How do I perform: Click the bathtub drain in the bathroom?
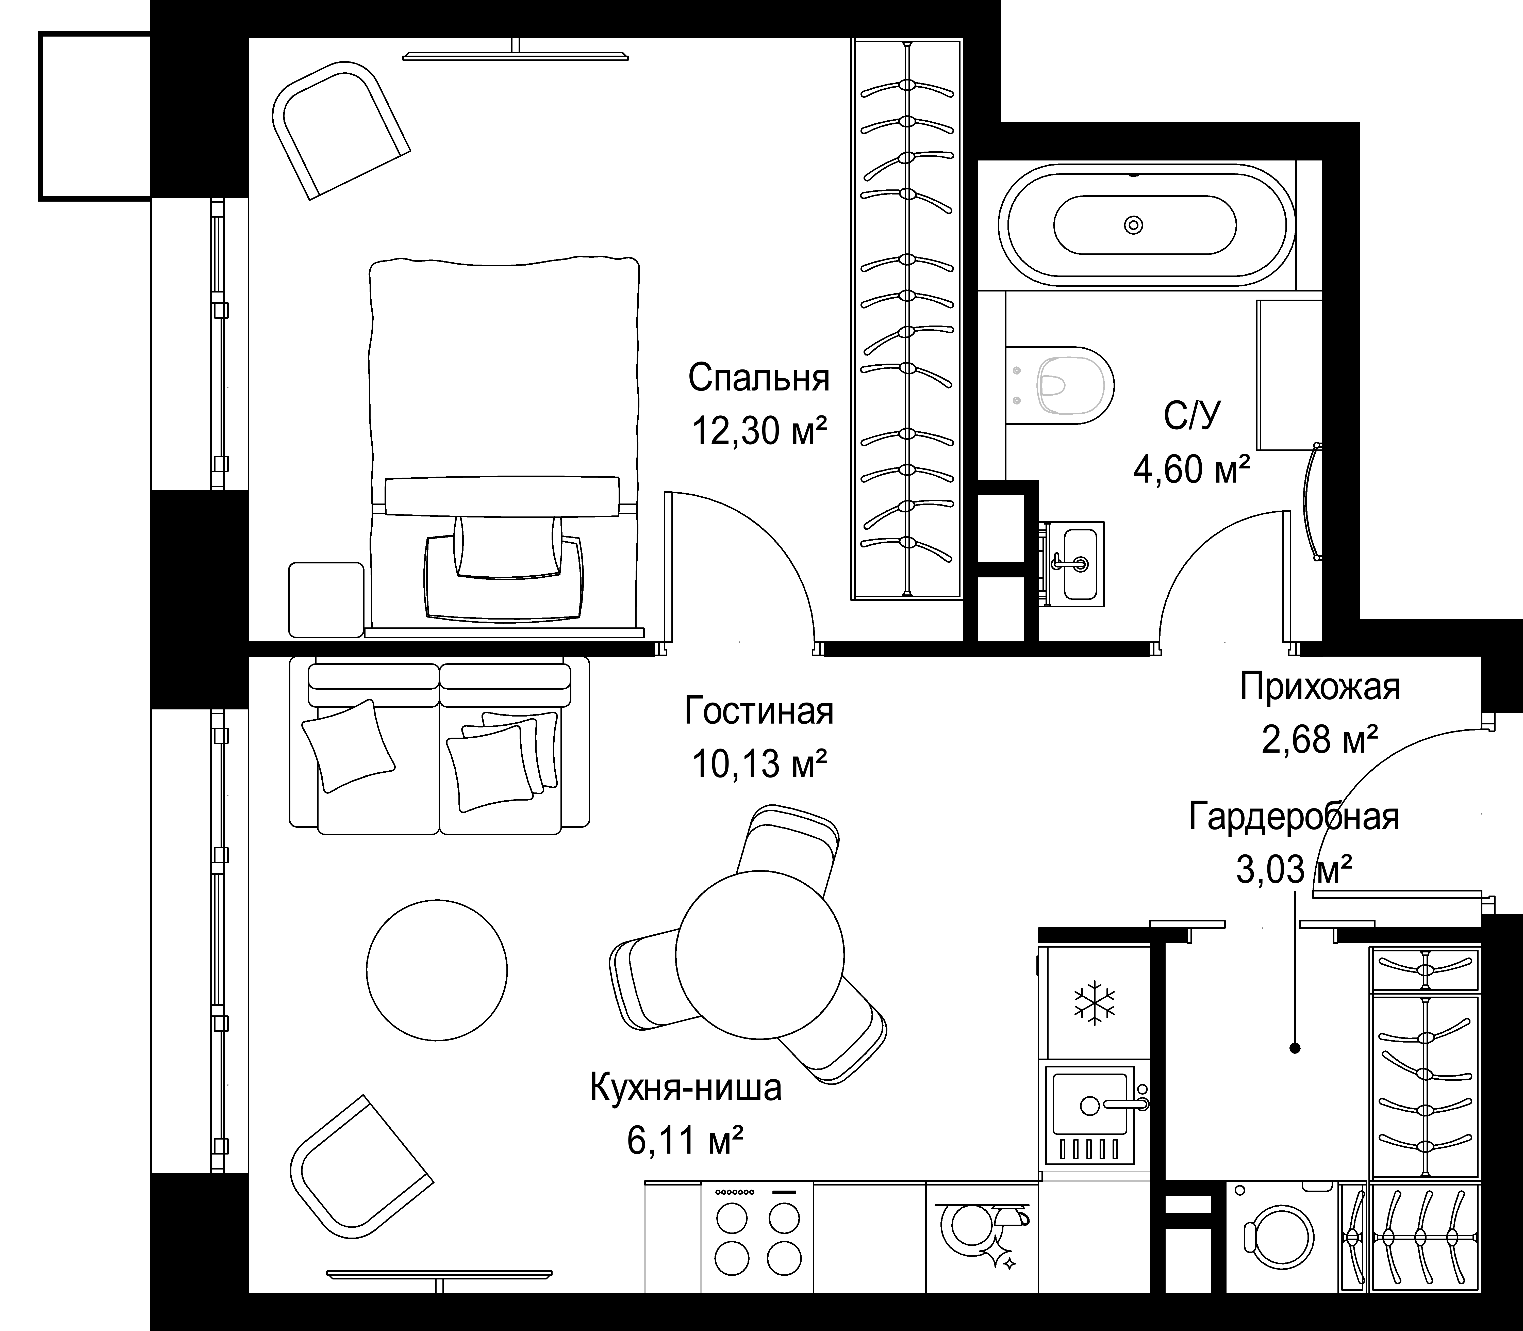tap(1133, 224)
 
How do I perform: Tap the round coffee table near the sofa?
tap(437, 970)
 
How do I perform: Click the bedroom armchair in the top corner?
tap(342, 130)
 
